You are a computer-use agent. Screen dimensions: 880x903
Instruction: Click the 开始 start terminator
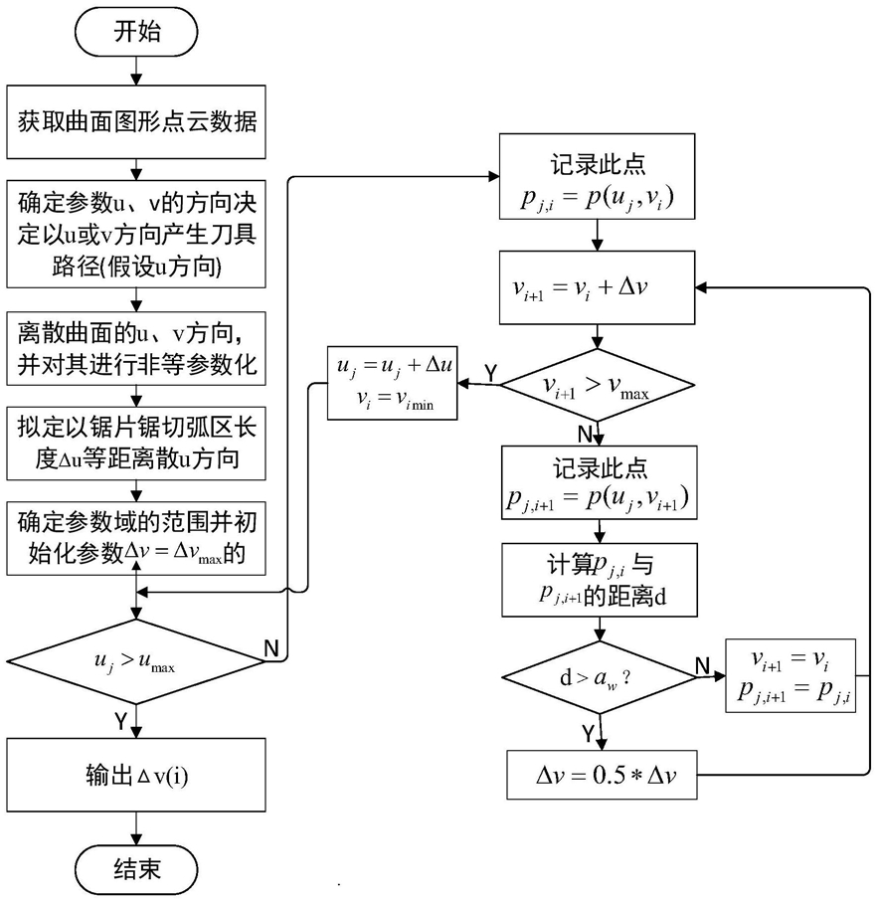(136, 32)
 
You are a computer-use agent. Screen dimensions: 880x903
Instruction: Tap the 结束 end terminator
(136, 869)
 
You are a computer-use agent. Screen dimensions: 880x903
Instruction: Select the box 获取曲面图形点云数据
(136, 122)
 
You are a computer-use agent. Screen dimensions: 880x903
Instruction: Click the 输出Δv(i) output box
(136, 775)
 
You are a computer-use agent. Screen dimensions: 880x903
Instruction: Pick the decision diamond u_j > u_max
(136, 661)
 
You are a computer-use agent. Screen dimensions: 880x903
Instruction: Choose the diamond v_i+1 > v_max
(598, 385)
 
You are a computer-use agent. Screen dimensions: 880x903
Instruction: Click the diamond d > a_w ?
(600, 677)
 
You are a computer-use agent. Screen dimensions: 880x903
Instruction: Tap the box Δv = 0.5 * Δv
(602, 775)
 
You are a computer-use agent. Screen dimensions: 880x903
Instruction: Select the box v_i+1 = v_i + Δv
(598, 287)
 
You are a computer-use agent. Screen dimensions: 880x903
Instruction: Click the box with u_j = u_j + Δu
(392, 383)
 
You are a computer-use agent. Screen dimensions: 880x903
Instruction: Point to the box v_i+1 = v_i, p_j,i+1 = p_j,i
(791, 675)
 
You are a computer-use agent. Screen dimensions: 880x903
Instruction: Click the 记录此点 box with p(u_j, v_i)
(598, 176)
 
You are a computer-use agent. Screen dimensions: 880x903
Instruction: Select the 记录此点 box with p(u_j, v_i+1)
(600, 482)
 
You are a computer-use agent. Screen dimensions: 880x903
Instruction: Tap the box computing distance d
(600, 580)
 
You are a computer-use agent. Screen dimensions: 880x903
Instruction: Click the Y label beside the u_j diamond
(120, 720)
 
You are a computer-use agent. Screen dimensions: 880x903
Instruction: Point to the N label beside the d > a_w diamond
(702, 665)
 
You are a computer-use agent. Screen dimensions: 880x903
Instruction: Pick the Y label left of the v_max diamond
(490, 373)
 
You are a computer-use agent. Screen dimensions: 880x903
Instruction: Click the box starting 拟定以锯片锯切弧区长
(136, 444)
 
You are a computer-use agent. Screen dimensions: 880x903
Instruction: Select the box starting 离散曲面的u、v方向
(136, 348)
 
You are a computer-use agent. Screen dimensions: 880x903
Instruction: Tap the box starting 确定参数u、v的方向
(136, 234)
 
